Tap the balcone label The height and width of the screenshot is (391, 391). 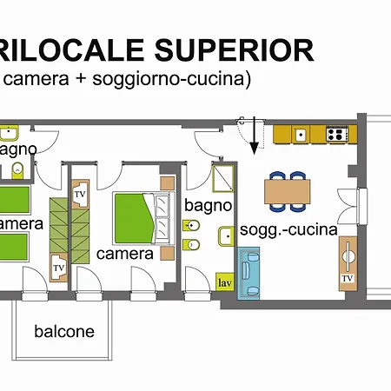pos(63,331)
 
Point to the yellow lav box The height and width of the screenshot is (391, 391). pos(224,282)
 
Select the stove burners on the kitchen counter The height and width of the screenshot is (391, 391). pos(336,135)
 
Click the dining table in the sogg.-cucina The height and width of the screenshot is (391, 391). pos(287,189)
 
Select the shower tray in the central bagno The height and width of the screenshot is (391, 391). pos(222,177)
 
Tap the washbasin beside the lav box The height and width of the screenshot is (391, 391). pos(225,235)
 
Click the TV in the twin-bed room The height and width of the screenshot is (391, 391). pos(59,267)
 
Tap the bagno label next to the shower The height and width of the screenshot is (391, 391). pos(208,206)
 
